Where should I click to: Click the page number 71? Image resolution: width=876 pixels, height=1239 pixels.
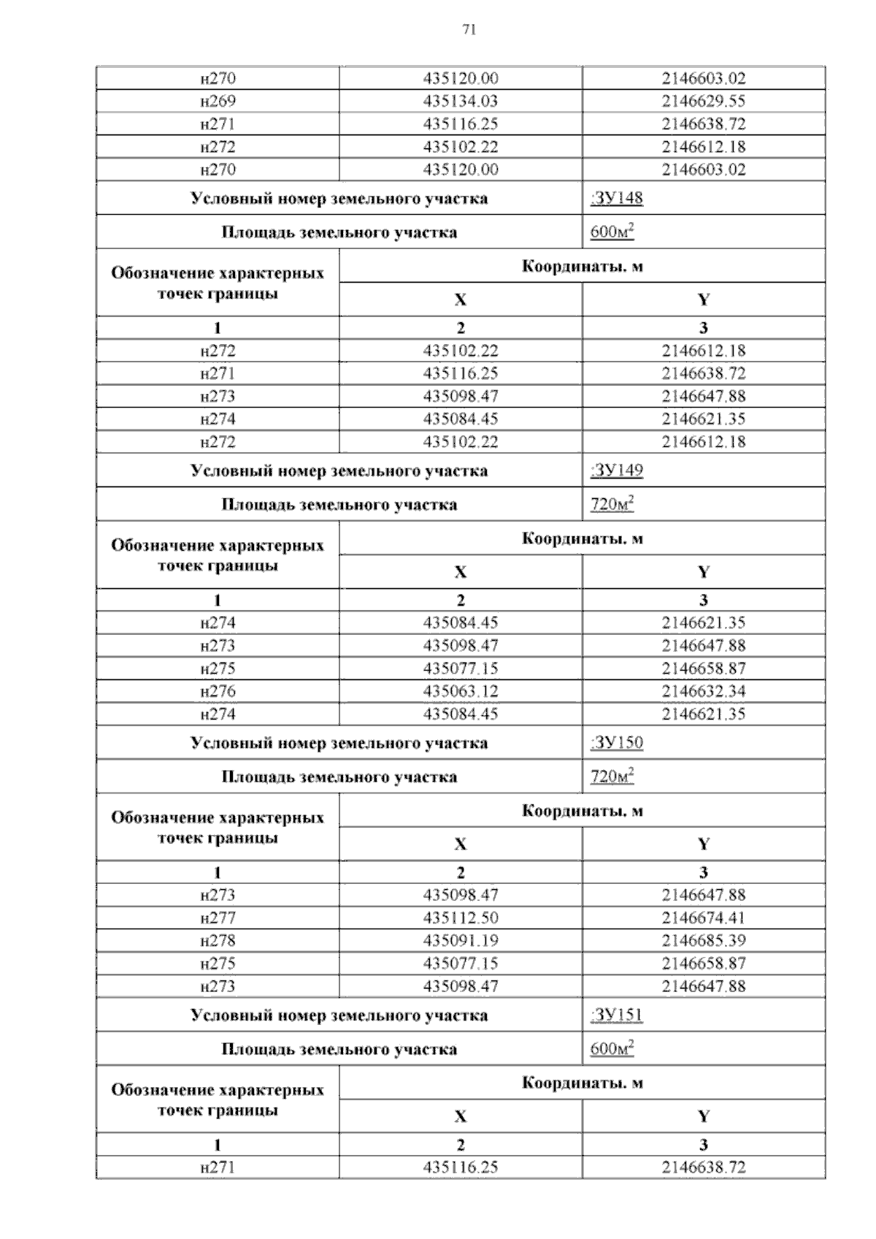[469, 30]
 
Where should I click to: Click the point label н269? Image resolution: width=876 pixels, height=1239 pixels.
[218, 101]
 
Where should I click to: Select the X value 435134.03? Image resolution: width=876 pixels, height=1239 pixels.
[461, 101]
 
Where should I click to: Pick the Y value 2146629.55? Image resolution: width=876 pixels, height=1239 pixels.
[704, 101]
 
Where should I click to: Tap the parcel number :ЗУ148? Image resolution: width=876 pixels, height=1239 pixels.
[616, 198]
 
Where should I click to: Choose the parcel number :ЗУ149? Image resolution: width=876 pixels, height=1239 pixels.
[616, 470]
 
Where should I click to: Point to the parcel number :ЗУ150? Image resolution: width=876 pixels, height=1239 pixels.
[616, 742]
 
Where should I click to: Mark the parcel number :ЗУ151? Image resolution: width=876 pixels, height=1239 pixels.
[616, 1015]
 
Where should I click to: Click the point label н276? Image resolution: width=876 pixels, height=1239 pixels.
[218, 691]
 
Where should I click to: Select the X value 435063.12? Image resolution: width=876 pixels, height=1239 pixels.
[461, 691]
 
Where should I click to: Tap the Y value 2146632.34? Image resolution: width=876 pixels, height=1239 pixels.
[704, 691]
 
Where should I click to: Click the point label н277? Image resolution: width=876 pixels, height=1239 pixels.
[218, 918]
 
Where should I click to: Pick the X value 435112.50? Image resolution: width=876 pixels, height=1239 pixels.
[461, 918]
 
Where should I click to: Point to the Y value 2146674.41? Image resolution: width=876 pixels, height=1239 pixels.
[704, 918]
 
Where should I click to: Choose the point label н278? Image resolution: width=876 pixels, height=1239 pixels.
[218, 940]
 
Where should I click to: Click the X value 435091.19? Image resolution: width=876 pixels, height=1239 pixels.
[461, 940]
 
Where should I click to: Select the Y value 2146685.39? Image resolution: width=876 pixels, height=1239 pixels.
[704, 940]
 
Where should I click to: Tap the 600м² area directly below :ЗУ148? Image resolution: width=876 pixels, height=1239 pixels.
[612, 232]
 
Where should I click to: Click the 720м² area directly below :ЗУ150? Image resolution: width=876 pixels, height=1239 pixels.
[612, 777]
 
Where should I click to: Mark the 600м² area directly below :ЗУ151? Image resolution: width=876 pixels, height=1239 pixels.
[612, 1049]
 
